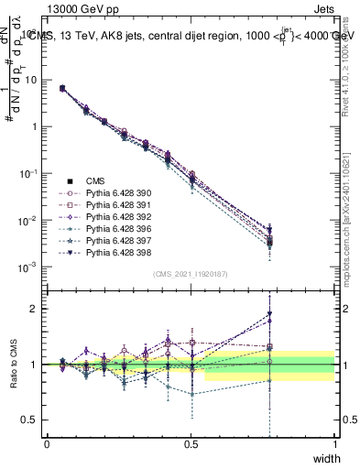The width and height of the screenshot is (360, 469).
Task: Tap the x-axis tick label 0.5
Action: coord(191,443)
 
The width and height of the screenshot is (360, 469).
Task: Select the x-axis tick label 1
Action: coord(334,443)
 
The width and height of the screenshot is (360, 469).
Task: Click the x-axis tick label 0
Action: coord(47,443)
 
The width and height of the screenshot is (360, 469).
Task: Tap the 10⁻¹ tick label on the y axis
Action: coord(28,173)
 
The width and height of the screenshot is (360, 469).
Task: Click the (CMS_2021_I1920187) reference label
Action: coord(190,274)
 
